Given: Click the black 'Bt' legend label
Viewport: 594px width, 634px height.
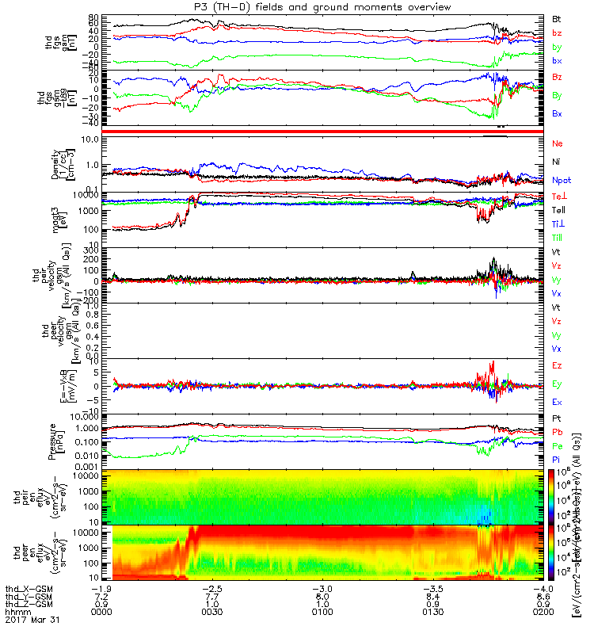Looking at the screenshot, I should [556, 18].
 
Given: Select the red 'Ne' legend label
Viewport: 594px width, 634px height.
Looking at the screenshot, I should [556, 143].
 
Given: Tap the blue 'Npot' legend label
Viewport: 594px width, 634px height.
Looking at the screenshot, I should [560, 180].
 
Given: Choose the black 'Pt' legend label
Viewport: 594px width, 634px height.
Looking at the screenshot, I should [556, 418].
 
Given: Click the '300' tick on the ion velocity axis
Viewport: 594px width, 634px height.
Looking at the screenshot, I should [91, 250].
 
